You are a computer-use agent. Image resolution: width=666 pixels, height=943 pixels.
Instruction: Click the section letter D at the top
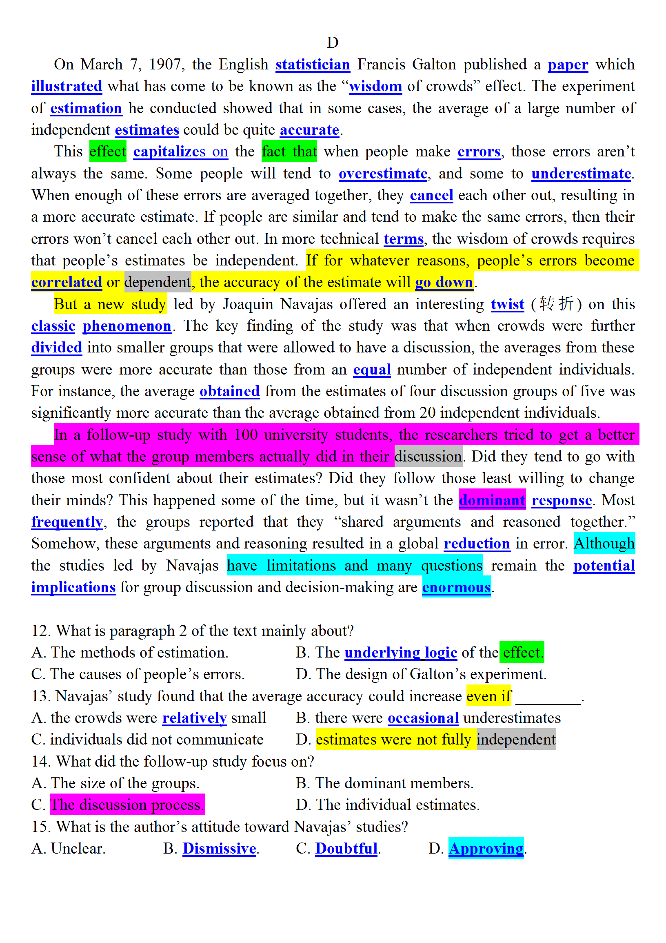[x=332, y=43]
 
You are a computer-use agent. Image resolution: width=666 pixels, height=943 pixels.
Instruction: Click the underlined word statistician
[x=312, y=65]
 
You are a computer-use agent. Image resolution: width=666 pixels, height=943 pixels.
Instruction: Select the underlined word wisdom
[x=375, y=87]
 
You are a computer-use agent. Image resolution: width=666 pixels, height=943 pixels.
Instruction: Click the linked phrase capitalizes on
[x=180, y=152]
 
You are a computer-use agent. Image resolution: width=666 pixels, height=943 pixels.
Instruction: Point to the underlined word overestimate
[x=383, y=174]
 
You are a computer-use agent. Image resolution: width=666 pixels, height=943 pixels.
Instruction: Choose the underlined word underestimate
[x=581, y=174]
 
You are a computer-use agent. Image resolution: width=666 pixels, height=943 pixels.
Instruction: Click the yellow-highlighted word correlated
[x=67, y=283]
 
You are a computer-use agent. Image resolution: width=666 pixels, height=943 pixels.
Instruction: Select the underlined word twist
[x=507, y=304]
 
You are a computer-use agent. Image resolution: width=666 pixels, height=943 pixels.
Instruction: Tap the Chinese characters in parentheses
[x=556, y=304]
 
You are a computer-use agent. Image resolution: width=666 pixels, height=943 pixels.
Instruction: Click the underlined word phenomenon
[x=127, y=326]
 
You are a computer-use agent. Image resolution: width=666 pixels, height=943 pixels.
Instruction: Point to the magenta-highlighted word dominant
[x=492, y=500]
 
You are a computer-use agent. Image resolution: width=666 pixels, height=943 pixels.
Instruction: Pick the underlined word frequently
[x=67, y=522]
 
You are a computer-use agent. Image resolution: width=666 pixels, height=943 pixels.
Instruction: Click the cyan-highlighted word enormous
[x=456, y=587]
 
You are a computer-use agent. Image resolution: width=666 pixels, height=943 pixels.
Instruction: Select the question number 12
[x=40, y=631]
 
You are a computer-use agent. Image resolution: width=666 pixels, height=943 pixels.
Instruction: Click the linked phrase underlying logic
[x=400, y=653]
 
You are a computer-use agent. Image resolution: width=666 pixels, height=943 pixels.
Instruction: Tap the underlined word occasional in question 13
[x=423, y=718]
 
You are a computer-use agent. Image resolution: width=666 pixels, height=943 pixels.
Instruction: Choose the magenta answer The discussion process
[x=127, y=805]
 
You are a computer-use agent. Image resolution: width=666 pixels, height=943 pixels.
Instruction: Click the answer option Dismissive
[x=220, y=849]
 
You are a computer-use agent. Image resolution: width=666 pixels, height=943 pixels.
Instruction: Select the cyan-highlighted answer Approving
[x=486, y=849]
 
